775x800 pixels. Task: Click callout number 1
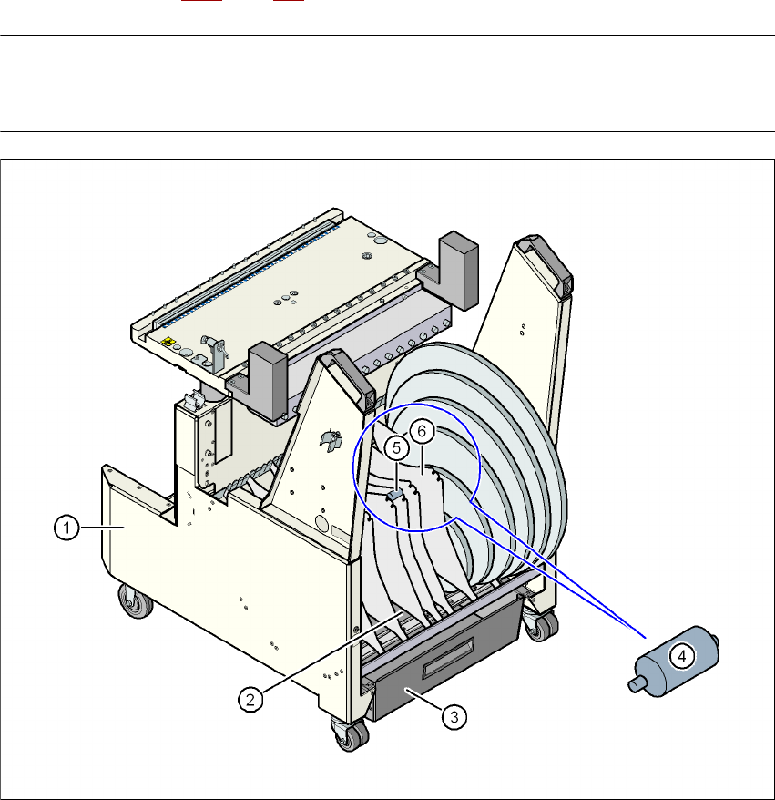[66, 528]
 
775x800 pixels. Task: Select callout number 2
[250, 700]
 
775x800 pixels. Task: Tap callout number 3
[454, 717]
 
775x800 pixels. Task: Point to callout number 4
[682, 656]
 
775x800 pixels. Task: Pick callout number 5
[396, 448]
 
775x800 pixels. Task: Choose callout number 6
[422, 431]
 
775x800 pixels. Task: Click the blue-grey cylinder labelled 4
[674, 662]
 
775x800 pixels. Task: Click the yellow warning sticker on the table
[168, 342]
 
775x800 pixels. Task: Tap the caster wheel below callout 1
[136, 601]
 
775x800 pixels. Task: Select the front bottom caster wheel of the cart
[351, 733]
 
